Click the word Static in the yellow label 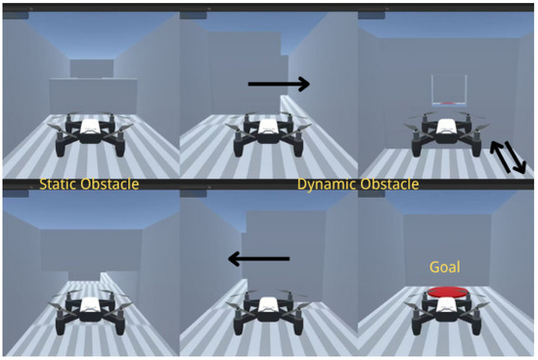58,184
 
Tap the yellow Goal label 445,267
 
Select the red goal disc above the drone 447,292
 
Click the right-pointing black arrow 279,84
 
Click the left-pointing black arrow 259,259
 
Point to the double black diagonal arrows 508,157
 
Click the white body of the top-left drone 90,127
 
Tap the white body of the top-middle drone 268,127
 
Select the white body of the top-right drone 446,126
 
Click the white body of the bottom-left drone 90,305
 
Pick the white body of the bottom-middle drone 268,305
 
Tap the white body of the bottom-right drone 446,305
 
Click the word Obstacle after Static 110,184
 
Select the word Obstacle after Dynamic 388,184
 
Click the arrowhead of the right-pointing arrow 303,84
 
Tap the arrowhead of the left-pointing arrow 235,259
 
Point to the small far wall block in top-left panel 92,68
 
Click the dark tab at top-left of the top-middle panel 193,16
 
